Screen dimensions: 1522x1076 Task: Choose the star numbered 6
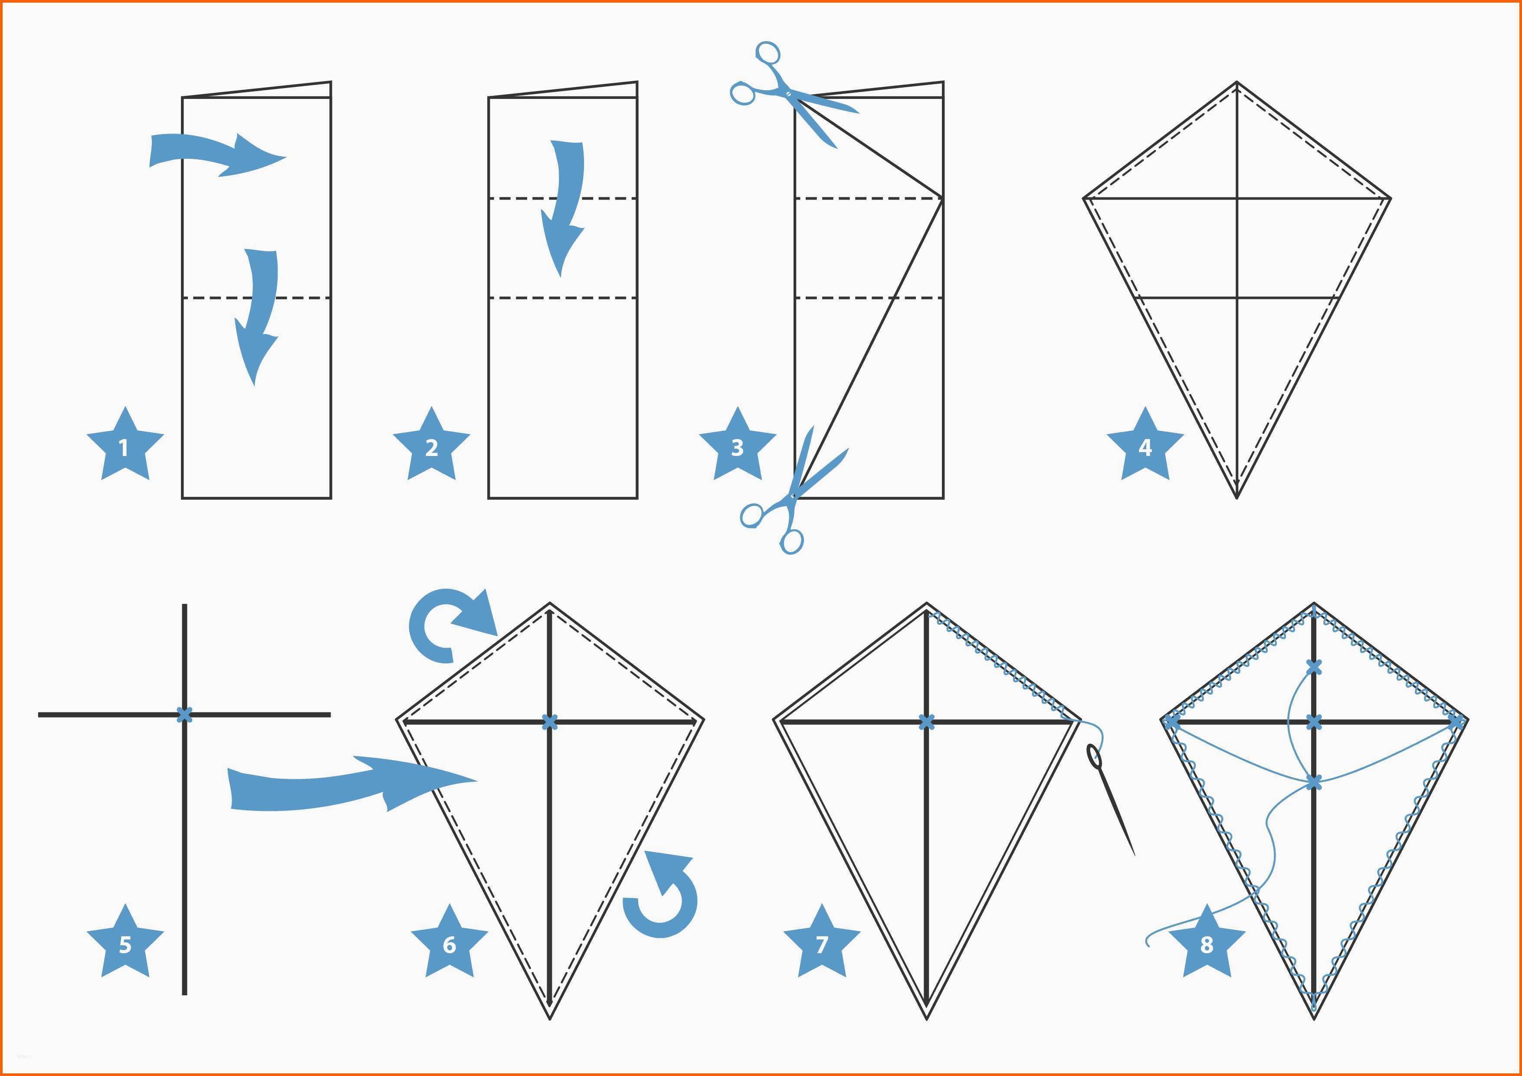pyautogui.click(x=449, y=942)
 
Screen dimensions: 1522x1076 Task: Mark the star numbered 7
pyautogui.click(x=822, y=942)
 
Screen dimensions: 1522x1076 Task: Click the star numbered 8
pyautogui.click(x=1207, y=942)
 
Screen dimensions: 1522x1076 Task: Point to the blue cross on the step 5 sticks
pyautogui.click(x=185, y=715)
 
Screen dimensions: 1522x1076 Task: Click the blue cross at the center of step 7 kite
pyautogui.click(x=927, y=722)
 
